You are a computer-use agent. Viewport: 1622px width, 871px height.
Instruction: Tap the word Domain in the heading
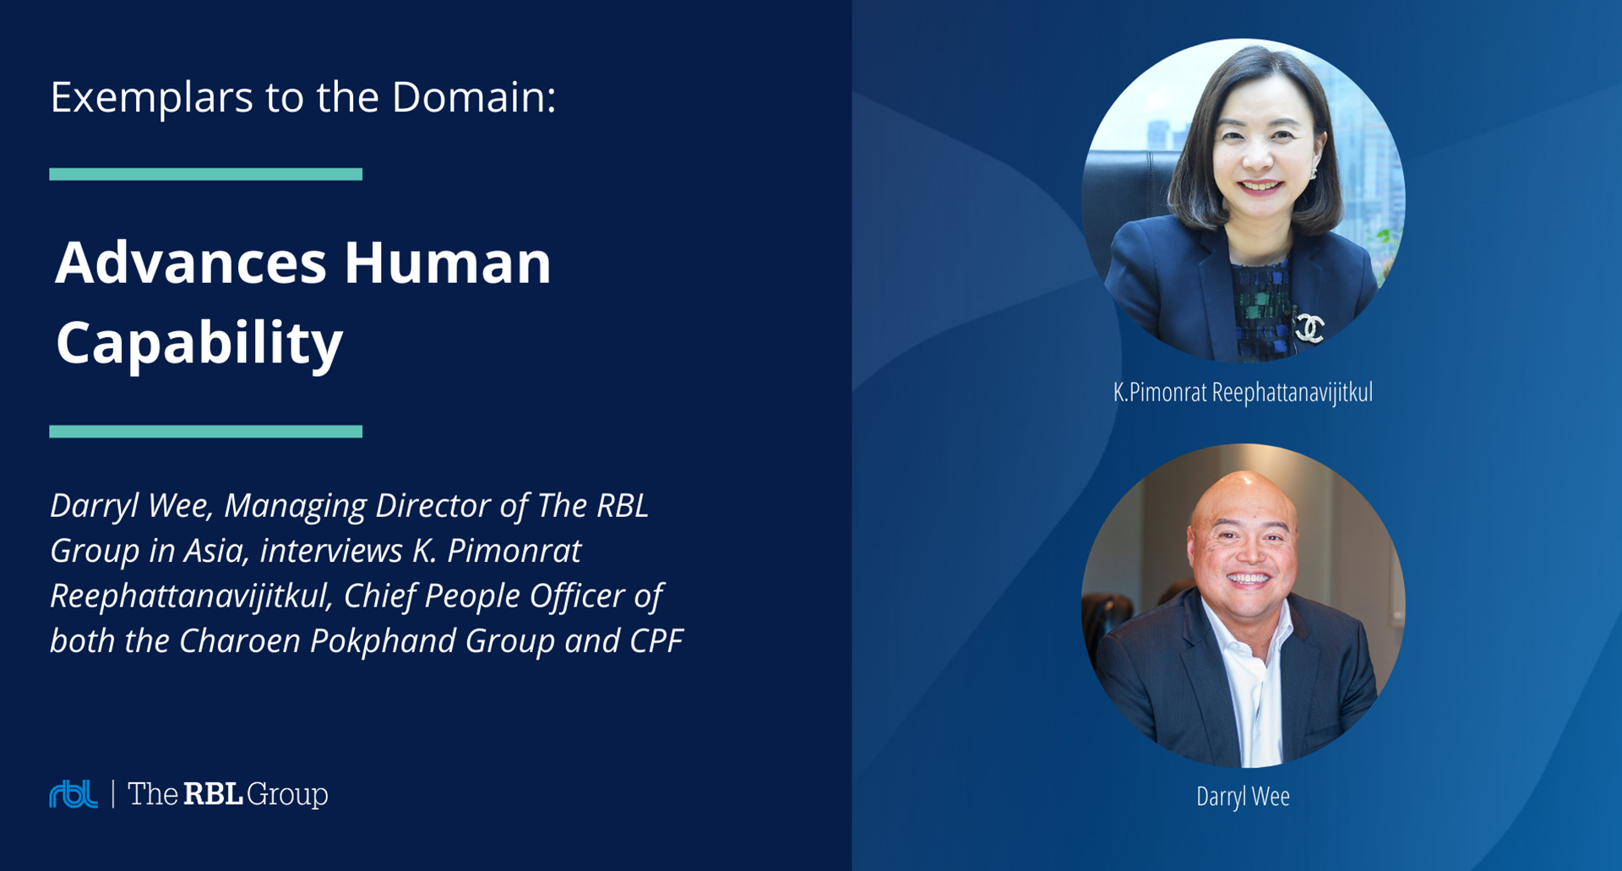click(473, 96)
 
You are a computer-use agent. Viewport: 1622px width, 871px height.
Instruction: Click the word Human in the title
click(448, 263)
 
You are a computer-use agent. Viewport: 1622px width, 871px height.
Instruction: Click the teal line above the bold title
click(206, 174)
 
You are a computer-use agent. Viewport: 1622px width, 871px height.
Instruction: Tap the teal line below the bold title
click(206, 432)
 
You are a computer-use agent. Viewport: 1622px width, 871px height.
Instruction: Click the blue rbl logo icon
click(73, 794)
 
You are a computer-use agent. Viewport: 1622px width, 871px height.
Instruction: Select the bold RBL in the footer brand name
click(214, 794)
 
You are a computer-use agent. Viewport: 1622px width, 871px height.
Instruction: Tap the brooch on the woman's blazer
click(1310, 328)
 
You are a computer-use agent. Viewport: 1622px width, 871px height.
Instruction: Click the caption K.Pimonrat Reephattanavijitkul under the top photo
click(1243, 393)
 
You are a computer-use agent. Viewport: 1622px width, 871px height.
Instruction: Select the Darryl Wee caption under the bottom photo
click(1243, 797)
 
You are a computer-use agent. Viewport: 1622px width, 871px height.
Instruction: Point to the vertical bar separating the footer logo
click(113, 794)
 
